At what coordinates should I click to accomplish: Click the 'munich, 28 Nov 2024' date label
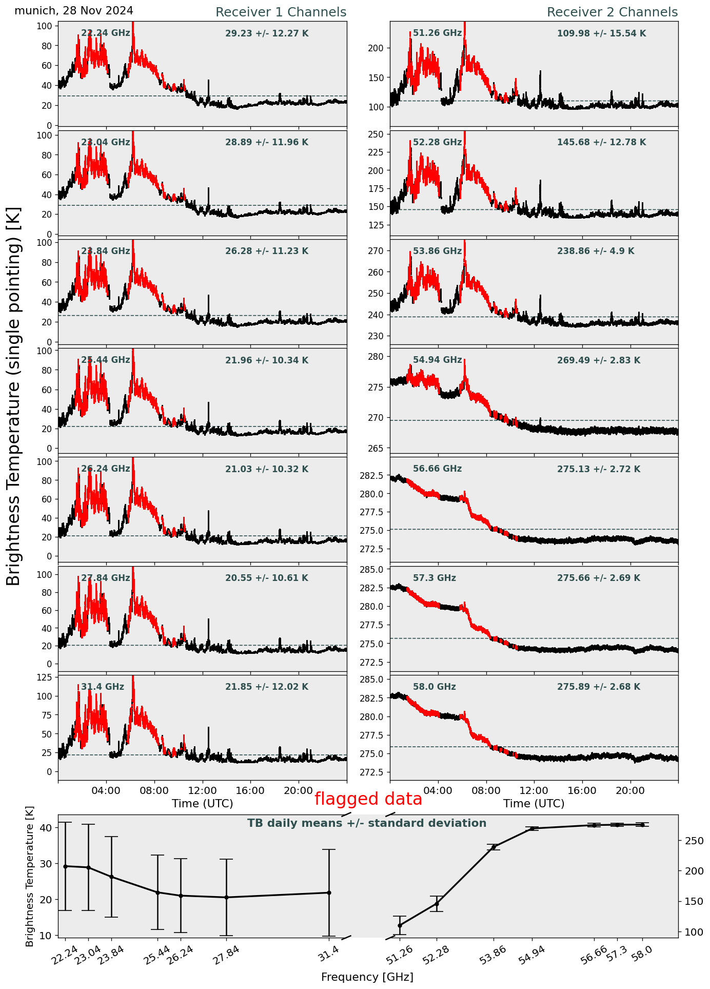click(74, 11)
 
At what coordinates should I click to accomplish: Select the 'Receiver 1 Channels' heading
click(281, 12)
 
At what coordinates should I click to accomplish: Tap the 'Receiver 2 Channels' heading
click(612, 12)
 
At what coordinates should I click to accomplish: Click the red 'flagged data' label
click(368, 799)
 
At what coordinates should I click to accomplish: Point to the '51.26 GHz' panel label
click(437, 33)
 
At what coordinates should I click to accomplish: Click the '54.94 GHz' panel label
click(437, 360)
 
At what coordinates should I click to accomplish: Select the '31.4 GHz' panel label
click(103, 687)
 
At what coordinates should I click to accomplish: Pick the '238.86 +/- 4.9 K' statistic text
click(596, 251)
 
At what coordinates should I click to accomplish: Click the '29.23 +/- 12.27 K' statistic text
click(267, 34)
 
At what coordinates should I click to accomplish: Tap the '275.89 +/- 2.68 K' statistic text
click(599, 687)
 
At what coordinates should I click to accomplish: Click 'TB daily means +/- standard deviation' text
click(367, 823)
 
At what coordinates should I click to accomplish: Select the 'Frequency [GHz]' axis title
click(367, 977)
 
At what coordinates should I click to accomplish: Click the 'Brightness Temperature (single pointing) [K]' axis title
click(14, 396)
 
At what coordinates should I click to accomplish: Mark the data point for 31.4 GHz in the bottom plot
click(329, 893)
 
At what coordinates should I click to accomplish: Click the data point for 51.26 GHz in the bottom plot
click(400, 925)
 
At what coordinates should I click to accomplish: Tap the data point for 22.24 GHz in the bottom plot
click(65, 866)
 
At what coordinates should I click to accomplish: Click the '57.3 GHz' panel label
click(435, 578)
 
